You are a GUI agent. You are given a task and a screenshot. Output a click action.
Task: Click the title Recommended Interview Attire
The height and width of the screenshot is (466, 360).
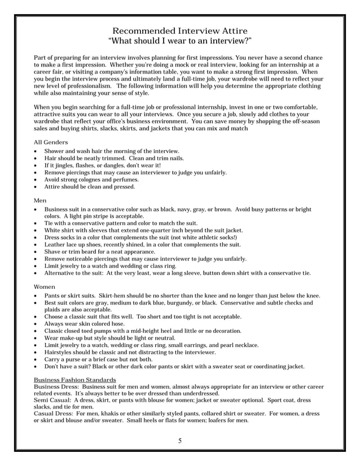click(x=180, y=30)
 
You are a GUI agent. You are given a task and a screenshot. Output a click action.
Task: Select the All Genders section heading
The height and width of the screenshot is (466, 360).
click(x=51, y=142)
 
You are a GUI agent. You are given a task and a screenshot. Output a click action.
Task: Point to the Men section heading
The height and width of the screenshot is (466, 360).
click(x=40, y=200)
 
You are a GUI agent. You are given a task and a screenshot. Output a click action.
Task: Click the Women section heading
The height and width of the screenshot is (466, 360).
click(x=45, y=287)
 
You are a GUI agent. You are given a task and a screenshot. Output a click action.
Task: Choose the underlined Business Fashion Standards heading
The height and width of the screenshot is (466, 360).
click(x=75, y=380)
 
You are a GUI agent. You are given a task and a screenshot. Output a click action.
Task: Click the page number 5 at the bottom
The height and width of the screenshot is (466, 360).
click(x=180, y=441)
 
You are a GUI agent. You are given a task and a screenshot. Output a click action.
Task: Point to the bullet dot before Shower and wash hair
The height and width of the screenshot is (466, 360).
click(x=37, y=152)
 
